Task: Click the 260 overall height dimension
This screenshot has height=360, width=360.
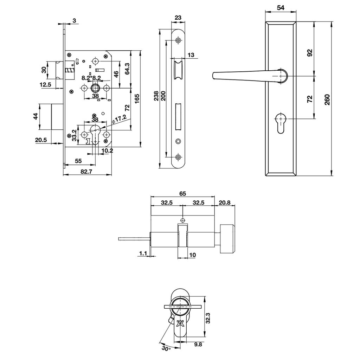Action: (327, 99)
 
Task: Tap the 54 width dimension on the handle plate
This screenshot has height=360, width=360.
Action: (281, 8)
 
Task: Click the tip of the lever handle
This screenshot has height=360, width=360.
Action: (214, 76)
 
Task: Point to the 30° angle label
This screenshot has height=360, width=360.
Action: (166, 348)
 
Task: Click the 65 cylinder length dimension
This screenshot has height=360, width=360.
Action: (182, 193)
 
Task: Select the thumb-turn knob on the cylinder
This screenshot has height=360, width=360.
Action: (228, 238)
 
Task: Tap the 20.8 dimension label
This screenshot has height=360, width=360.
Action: (225, 202)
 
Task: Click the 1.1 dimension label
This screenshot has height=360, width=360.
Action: (143, 253)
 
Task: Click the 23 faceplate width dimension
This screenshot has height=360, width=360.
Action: (178, 17)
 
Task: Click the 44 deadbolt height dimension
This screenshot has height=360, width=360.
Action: (36, 116)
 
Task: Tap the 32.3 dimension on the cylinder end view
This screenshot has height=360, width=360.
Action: (208, 318)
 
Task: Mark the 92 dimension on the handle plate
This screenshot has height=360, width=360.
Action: (309, 53)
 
